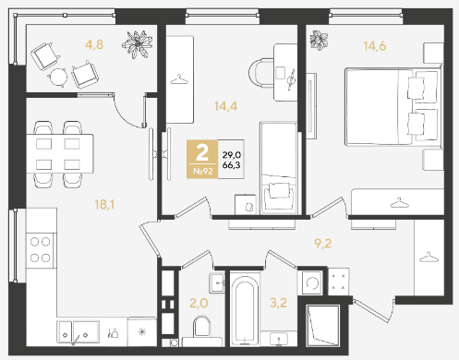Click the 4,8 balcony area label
point(94,45)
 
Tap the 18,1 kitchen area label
point(104,204)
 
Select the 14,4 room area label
point(226,106)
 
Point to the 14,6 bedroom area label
point(375,46)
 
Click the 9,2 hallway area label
point(323,244)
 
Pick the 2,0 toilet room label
point(199,303)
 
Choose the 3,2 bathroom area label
point(279,303)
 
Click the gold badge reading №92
point(202,159)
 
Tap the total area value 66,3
point(231,165)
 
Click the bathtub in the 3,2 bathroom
point(245,309)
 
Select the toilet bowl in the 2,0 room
point(201,326)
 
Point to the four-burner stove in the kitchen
point(41,250)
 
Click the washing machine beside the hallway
point(312,283)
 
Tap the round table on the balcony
point(58,77)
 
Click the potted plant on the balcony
point(138,44)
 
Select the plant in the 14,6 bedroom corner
point(319,40)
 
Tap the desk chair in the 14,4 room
point(261,73)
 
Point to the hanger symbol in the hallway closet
point(429,257)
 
